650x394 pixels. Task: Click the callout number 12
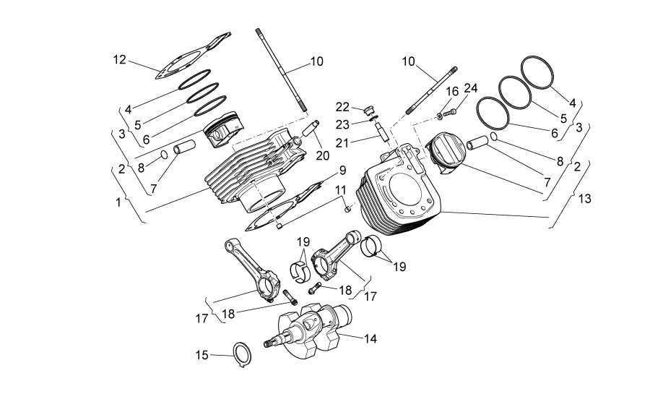(x=119, y=60)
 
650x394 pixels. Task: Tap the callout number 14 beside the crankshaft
(x=370, y=339)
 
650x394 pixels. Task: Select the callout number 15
(x=202, y=355)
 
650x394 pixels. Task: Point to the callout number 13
(x=585, y=199)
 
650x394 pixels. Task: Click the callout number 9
(x=342, y=170)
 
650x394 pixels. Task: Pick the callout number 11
(x=341, y=190)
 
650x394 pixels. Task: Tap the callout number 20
(x=323, y=155)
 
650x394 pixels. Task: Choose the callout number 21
(x=342, y=143)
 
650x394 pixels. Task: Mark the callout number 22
(x=342, y=107)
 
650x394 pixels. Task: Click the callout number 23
(x=343, y=124)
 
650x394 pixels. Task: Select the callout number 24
(x=471, y=88)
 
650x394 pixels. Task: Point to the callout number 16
(x=452, y=91)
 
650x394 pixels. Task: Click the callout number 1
(x=118, y=202)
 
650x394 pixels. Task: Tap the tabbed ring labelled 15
(x=243, y=354)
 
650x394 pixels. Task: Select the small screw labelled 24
(x=450, y=111)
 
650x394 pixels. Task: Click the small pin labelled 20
(x=311, y=128)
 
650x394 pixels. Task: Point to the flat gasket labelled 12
(x=193, y=56)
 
